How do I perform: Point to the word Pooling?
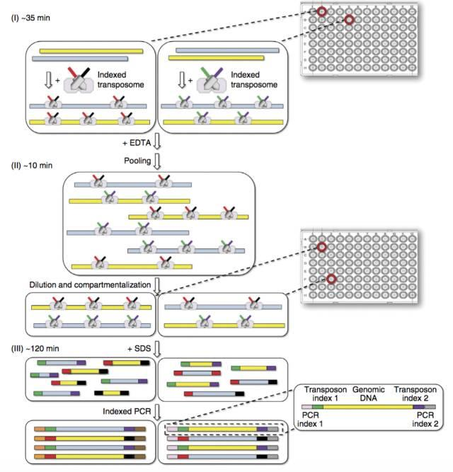click(x=136, y=161)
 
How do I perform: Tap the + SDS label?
click(x=140, y=348)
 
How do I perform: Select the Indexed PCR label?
click(x=124, y=410)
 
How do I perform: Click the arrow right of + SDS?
click(x=159, y=349)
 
